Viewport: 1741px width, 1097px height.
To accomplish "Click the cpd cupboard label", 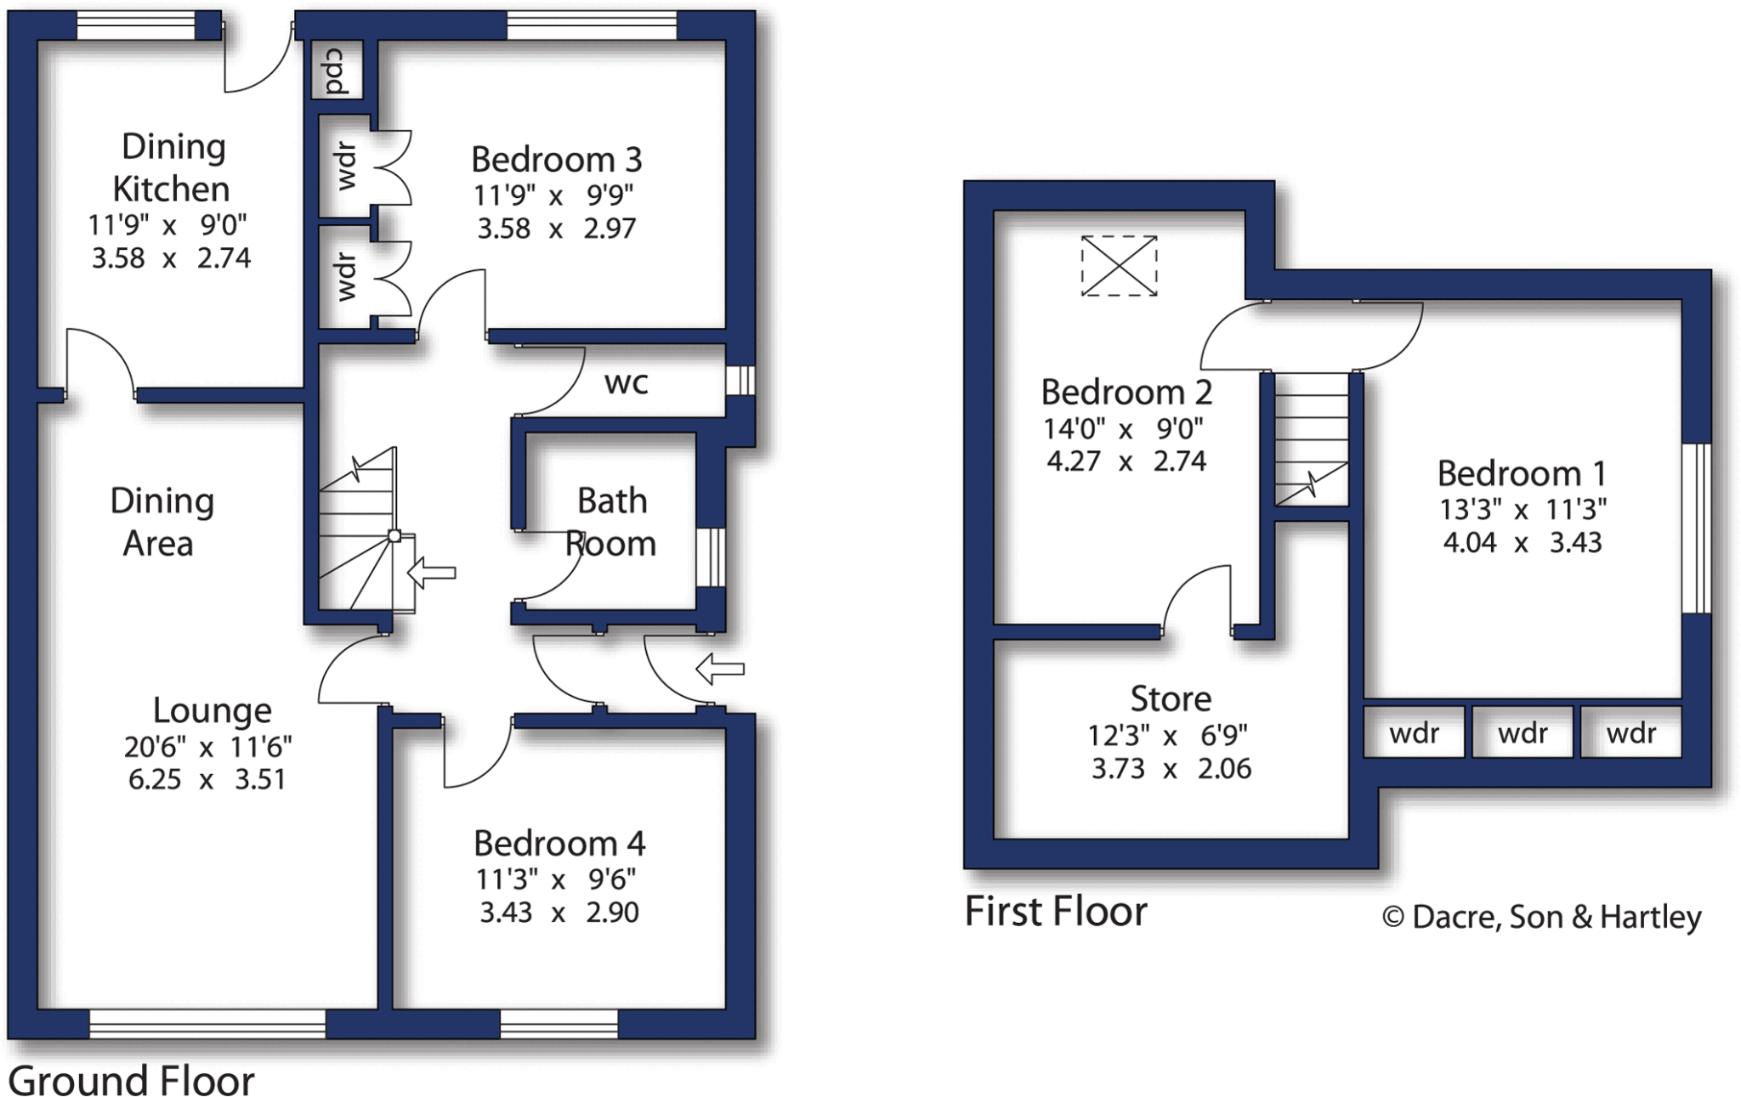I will [x=336, y=70].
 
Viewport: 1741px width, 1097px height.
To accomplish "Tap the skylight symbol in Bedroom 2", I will [x=1119, y=266].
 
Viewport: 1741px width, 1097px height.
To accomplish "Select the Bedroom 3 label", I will [x=556, y=160].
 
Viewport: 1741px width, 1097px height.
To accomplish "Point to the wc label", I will [x=627, y=382].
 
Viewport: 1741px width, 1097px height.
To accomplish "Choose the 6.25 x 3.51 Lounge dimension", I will [x=207, y=779].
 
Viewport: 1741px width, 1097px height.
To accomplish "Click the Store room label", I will [x=1171, y=698].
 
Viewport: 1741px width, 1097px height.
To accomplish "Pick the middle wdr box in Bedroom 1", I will [x=1522, y=732].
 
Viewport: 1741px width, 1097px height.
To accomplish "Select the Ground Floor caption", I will [x=132, y=1081].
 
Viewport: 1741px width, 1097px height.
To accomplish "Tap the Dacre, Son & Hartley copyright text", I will [x=1541, y=917].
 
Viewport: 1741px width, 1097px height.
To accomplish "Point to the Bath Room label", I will [x=611, y=522].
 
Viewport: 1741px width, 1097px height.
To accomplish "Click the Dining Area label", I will [x=161, y=522].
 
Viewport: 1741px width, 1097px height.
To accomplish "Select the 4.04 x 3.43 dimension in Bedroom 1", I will [x=1522, y=542].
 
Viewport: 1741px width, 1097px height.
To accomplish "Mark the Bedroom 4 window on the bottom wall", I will [x=559, y=1024].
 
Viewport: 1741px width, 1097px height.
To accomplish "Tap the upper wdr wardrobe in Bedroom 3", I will [x=345, y=166].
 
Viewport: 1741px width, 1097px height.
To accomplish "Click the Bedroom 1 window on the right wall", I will [x=1696, y=528].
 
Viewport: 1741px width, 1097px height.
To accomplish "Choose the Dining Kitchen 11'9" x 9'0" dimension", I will [x=167, y=225].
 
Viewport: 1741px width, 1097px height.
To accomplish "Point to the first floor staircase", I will [x=1311, y=439].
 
